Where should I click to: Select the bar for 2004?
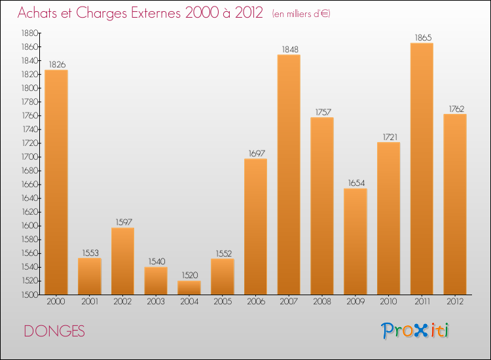[x=189, y=287]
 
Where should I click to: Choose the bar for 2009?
[x=355, y=242]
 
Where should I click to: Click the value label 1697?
[x=255, y=153]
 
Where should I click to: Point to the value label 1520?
[x=189, y=276]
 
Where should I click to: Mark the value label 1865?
[x=422, y=37]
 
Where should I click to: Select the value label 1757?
[x=322, y=112]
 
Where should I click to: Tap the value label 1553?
[x=90, y=253]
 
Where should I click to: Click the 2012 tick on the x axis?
[x=455, y=302]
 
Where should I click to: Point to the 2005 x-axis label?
[x=222, y=302]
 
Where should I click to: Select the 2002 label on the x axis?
[x=122, y=302]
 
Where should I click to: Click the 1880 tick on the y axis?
[x=28, y=33]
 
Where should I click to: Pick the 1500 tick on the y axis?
[x=28, y=295]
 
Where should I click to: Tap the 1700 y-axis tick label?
[x=28, y=157]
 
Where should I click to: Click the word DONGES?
[x=54, y=332]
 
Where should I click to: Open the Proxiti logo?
[x=416, y=331]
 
